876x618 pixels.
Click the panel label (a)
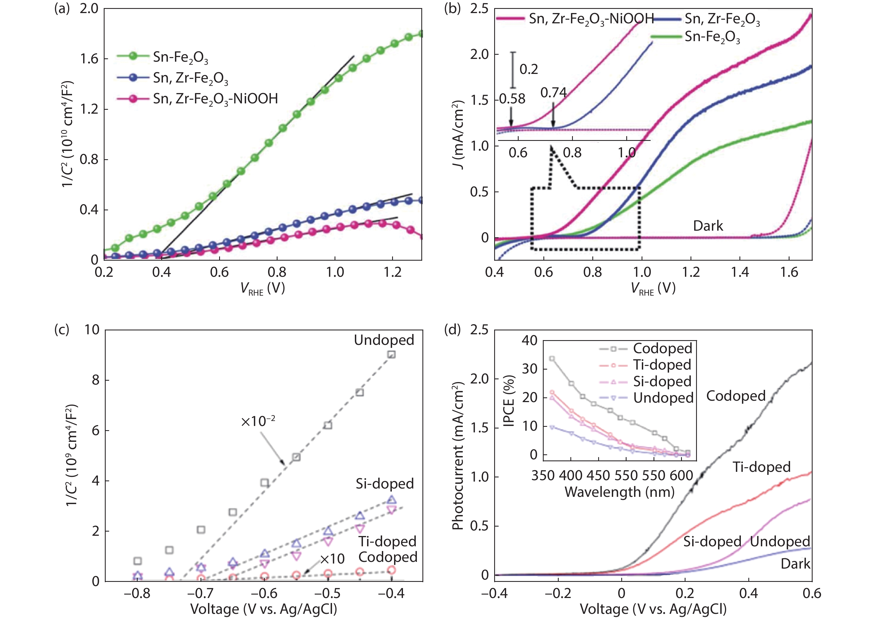click(x=62, y=8)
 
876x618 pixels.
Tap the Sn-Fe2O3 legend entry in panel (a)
click(x=180, y=57)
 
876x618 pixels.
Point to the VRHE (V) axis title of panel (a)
click(x=263, y=289)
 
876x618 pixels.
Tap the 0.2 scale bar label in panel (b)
click(x=529, y=69)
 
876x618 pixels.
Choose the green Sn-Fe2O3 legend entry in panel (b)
click(x=712, y=37)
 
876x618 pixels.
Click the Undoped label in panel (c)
click(x=384, y=340)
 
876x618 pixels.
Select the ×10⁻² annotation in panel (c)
click(x=258, y=421)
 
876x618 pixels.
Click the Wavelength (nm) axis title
click(x=619, y=492)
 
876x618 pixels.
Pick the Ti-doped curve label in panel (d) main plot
click(x=761, y=467)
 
